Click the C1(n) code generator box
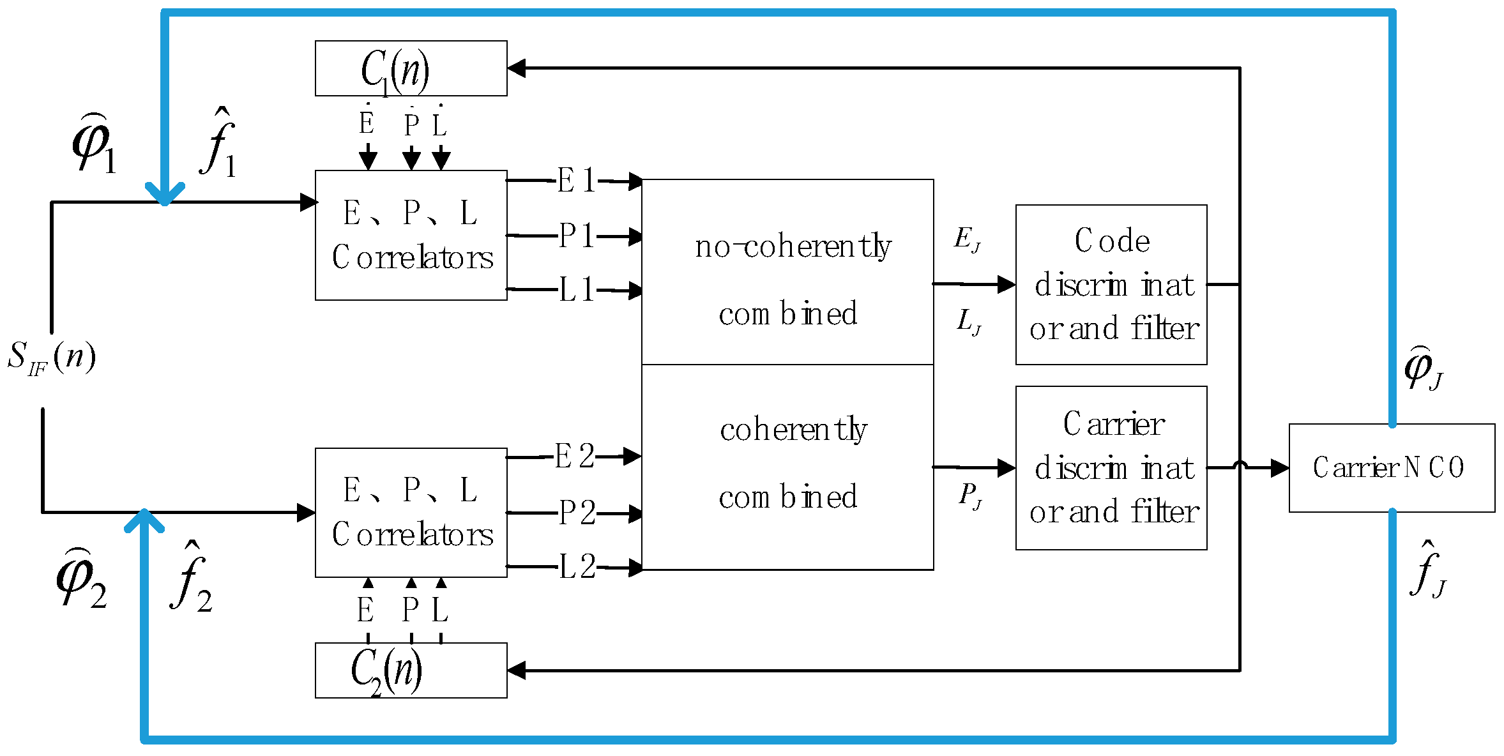pyautogui.click(x=411, y=69)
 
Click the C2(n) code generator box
pyautogui.click(x=411, y=670)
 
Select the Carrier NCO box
pyautogui.click(x=1391, y=468)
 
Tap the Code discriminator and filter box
pyautogui.click(x=1111, y=285)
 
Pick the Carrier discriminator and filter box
pyautogui.click(x=1111, y=468)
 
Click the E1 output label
pyautogui.click(x=576, y=181)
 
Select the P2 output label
pyautogui.click(x=577, y=513)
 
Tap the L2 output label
pyautogui.click(x=577, y=566)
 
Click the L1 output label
pyautogui.click(x=577, y=290)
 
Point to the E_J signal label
pyautogui.click(x=967, y=239)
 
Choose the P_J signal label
pyautogui.click(x=970, y=495)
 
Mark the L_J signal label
pyautogui.click(x=969, y=322)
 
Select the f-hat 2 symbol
pyautogui.click(x=191, y=578)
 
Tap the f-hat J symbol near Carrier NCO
pyautogui.click(x=1427, y=570)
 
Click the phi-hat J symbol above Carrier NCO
pyautogui.click(x=1423, y=368)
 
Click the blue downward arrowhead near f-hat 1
pyautogui.click(x=165, y=192)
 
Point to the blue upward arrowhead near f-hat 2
pyautogui.click(x=144, y=520)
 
